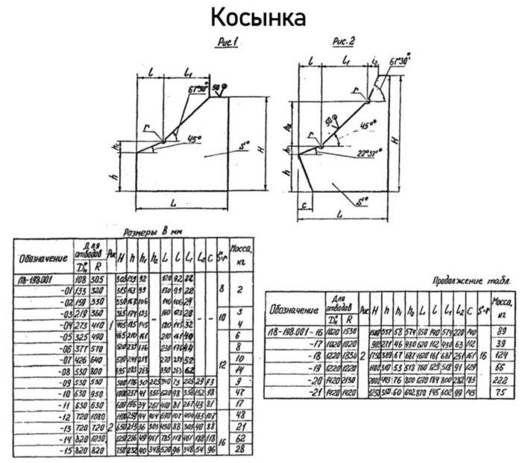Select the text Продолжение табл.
471,282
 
